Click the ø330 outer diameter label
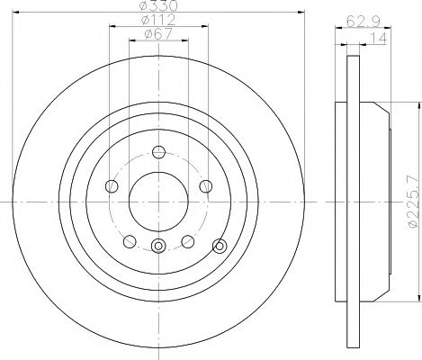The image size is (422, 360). click(158, 8)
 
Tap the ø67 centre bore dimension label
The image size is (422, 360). click(159, 36)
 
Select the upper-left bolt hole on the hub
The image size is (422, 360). click(112, 186)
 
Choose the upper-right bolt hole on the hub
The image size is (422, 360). click(205, 186)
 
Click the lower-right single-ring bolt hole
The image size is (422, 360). click(187, 240)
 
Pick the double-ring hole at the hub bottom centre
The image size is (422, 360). click(158, 247)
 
